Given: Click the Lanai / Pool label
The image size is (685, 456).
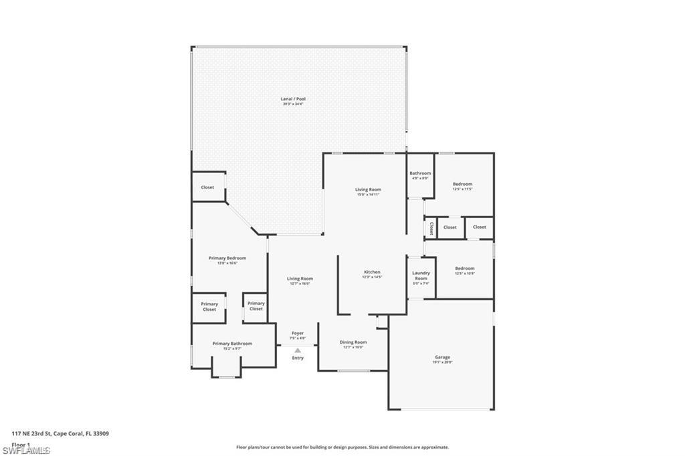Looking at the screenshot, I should click(x=293, y=99).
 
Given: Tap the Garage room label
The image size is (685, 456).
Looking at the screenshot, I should click(x=442, y=357).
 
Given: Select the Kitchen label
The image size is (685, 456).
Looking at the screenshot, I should click(x=372, y=272).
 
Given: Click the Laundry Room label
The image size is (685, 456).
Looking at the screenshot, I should click(x=421, y=275).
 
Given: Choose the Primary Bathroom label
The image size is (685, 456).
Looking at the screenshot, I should click(x=232, y=344).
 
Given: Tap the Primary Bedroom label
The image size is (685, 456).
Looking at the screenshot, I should click(x=227, y=258).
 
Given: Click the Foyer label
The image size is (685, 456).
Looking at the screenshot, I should click(x=298, y=333).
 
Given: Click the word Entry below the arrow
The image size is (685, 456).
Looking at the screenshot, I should click(x=298, y=358).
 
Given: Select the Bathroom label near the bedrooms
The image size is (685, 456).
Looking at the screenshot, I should click(x=420, y=173).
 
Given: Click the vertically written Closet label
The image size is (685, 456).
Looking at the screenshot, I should click(x=431, y=228).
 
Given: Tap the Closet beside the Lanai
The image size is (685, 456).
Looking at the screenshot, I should click(x=208, y=187).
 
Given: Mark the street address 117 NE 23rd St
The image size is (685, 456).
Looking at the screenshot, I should click(x=60, y=433).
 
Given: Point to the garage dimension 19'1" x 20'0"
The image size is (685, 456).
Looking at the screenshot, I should click(x=442, y=362).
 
